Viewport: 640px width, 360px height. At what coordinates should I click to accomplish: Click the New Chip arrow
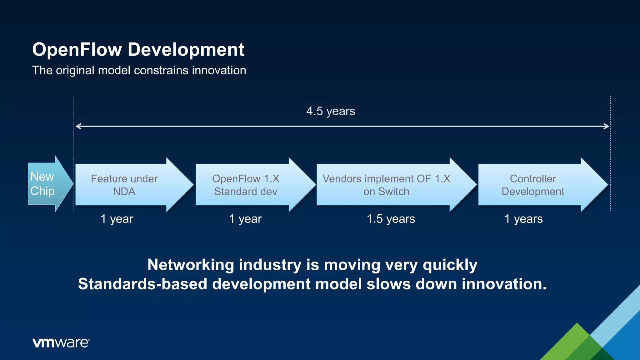coord(47,184)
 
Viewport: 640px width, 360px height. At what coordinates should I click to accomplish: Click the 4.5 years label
coord(331,111)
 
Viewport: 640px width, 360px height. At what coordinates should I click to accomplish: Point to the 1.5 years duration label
coord(391,219)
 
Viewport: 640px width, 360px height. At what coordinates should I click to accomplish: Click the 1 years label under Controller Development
coord(523,219)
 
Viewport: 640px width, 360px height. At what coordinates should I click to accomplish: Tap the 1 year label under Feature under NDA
coord(117,219)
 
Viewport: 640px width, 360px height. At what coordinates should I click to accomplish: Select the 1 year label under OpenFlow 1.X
coord(245,219)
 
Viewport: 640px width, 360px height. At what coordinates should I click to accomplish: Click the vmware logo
coord(61,342)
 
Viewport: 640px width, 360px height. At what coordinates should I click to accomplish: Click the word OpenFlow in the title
coord(77,50)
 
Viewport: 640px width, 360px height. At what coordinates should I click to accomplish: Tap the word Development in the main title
coord(186,50)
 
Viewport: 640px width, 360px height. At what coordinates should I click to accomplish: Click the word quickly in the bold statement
coord(450,265)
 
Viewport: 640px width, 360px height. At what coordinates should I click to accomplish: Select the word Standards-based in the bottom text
coord(142,284)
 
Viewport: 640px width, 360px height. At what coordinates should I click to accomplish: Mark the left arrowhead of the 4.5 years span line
coord(78,126)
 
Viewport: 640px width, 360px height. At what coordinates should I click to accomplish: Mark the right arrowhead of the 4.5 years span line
coord(607,126)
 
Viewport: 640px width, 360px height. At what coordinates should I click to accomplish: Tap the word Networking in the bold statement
coord(191,265)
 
